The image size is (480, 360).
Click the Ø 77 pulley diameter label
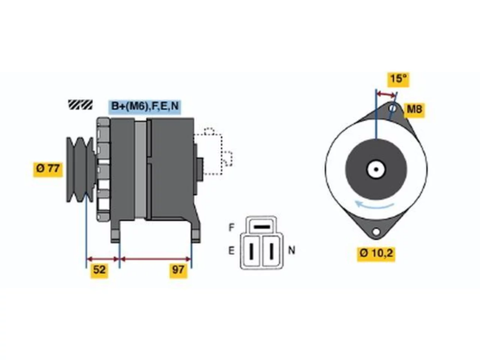pos(48,169)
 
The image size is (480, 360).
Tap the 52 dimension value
pos(99,270)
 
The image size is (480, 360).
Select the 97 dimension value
pos(178,270)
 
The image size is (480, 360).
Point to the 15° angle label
pos(398,79)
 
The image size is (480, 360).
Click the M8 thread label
pos(414,109)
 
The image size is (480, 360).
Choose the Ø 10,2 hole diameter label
pos(376,254)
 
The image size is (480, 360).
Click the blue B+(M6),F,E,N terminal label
pos(145,107)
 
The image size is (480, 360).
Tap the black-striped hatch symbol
pos(80,105)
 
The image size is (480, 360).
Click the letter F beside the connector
pos(231,227)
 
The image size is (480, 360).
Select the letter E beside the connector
pos(231,251)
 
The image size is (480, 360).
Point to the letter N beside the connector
pos(291,250)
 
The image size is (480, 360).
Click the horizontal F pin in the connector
pos(262,227)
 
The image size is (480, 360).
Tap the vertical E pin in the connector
pos(252,251)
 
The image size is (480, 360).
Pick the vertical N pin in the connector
pos(271,251)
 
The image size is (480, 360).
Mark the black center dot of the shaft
pos(376,169)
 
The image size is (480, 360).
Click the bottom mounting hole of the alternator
pos(376,232)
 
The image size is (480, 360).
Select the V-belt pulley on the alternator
pos(81,169)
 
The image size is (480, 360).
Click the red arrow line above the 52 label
pos(103,259)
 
